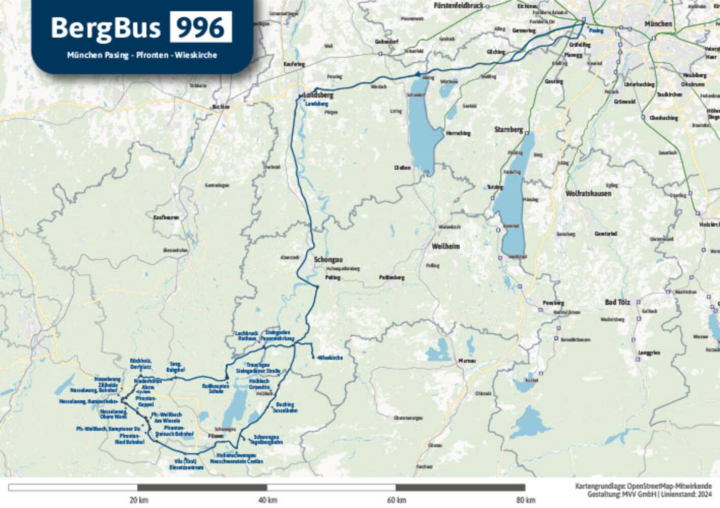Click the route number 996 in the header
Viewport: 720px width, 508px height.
pyautogui.click(x=201, y=27)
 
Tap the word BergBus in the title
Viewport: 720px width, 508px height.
pyautogui.click(x=106, y=28)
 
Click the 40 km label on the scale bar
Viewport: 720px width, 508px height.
pyautogui.click(x=267, y=500)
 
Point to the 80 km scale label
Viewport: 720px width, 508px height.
pyautogui.click(x=526, y=500)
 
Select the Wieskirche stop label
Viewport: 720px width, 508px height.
pyautogui.click(x=330, y=358)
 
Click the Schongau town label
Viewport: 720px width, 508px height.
pyautogui.click(x=328, y=260)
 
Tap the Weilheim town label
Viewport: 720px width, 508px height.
pyautogui.click(x=445, y=246)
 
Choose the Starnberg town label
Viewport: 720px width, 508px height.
pyautogui.click(x=508, y=130)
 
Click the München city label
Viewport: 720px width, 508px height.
pyautogui.click(x=658, y=24)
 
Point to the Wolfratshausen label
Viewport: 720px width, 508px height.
pyautogui.click(x=588, y=194)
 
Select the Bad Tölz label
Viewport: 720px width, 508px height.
pyautogui.click(x=617, y=302)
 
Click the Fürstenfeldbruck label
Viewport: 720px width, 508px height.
pyautogui.click(x=459, y=6)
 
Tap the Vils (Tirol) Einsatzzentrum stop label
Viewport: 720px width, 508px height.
pyautogui.click(x=186, y=464)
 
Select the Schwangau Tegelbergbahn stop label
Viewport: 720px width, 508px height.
pyautogui.click(x=268, y=439)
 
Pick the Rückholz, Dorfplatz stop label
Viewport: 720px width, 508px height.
pyautogui.click(x=141, y=363)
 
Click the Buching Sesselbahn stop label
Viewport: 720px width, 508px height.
pyautogui.click(x=285, y=407)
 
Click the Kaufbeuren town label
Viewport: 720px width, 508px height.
pyautogui.click(x=166, y=217)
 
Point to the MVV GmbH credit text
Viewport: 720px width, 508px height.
pyautogui.click(x=649, y=494)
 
